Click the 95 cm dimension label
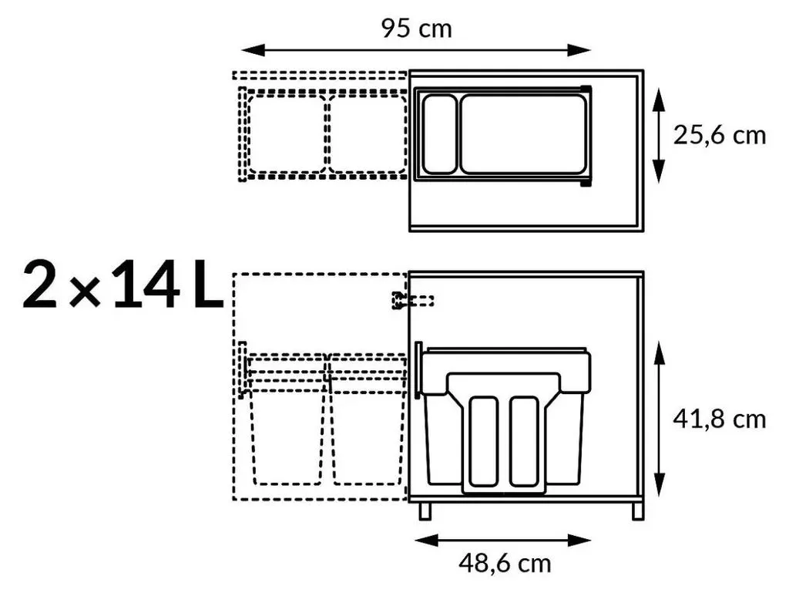point(416,29)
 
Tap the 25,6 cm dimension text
point(720,136)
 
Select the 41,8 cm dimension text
point(720,419)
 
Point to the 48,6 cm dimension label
point(505,563)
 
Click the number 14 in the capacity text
point(146,284)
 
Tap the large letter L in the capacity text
point(208,284)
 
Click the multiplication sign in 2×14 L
point(85,291)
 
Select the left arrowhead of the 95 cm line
point(253,50)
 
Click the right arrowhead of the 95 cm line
point(579,50)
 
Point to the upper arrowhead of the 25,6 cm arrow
point(659,99)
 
